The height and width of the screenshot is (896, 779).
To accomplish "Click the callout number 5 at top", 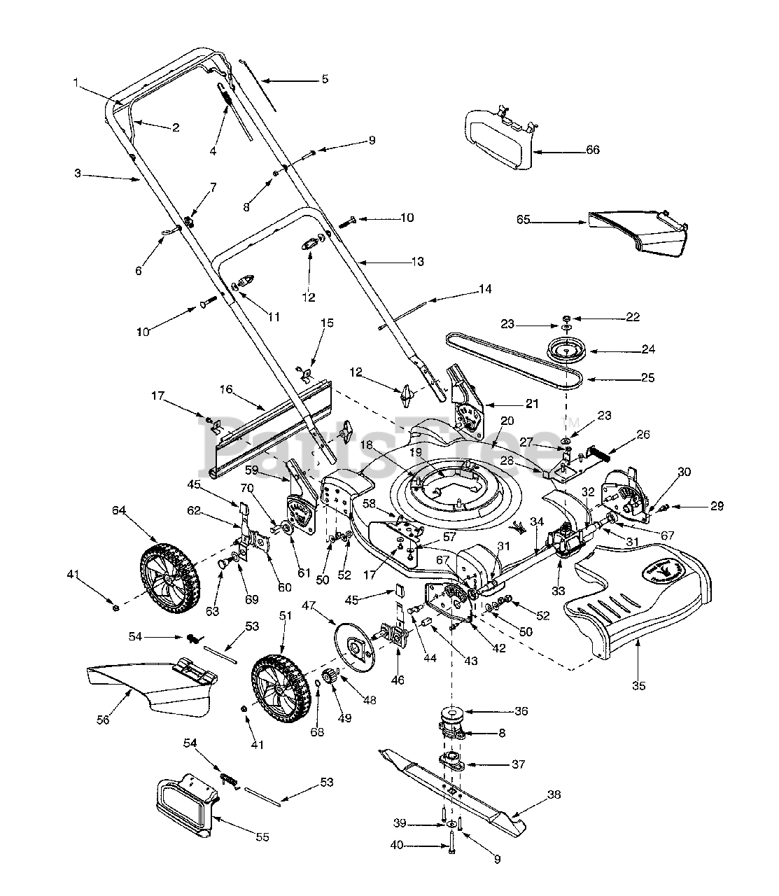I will point(324,79).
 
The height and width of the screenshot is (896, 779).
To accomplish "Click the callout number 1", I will point(76,83).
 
